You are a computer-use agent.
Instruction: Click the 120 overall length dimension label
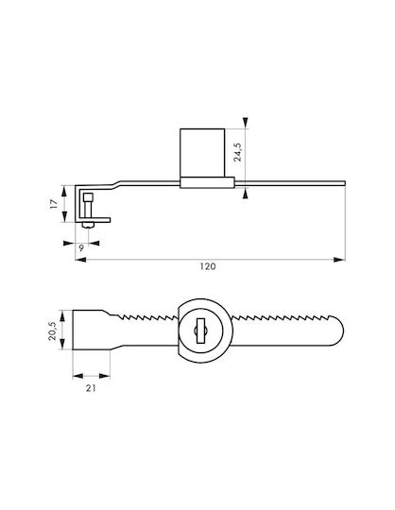coord(208,266)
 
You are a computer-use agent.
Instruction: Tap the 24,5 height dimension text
coord(238,152)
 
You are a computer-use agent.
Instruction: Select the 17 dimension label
coord(54,204)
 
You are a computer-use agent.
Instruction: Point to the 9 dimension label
coord(81,248)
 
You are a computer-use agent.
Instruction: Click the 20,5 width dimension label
coord(52,331)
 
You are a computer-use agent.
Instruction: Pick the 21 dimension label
coord(91,388)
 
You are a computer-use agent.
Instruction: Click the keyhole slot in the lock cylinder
coord(200,331)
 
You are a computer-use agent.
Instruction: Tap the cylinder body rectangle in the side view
coord(202,153)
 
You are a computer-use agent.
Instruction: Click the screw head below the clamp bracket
coord(88,225)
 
